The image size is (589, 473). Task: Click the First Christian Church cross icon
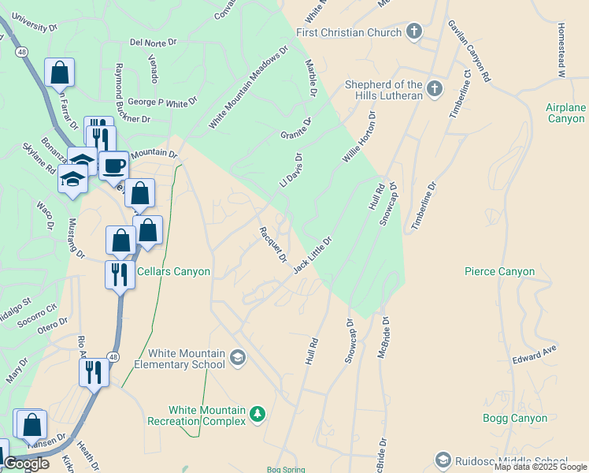pyautogui.click(x=414, y=32)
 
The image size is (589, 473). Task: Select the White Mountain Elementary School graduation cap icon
pyautogui.click(x=237, y=359)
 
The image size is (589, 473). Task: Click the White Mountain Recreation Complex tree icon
pyautogui.click(x=257, y=414)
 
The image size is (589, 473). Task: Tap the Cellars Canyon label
pyautogui.click(x=173, y=271)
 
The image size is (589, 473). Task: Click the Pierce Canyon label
pyautogui.click(x=499, y=271)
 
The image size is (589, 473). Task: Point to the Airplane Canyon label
pyautogui.click(x=566, y=113)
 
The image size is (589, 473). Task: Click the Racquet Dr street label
pyautogui.click(x=272, y=244)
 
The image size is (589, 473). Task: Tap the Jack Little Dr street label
pyautogui.click(x=313, y=255)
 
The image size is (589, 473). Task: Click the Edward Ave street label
pyautogui.click(x=535, y=353)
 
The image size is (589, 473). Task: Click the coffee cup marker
pyautogui.click(x=114, y=166)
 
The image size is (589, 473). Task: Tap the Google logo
pyautogui.click(x=26, y=464)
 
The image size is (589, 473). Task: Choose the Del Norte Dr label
pyautogui.click(x=155, y=43)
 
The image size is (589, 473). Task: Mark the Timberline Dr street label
pyautogui.click(x=422, y=207)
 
